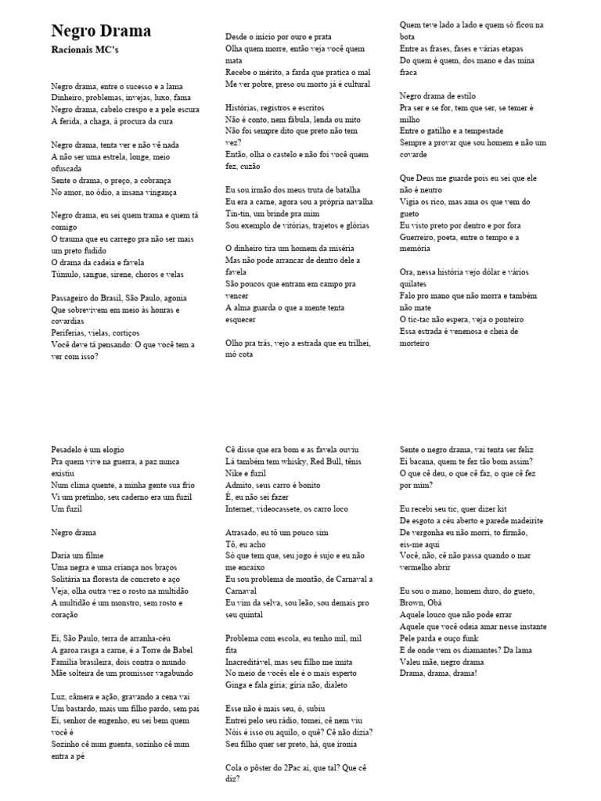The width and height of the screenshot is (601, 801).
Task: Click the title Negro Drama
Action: click(101, 31)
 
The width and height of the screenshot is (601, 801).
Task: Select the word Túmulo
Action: click(67, 274)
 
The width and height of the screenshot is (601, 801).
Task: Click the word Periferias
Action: click(72, 332)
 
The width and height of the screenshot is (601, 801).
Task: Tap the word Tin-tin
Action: click(239, 213)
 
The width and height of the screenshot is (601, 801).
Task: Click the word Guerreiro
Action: click(419, 237)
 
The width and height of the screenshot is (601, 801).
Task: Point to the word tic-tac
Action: click(425, 319)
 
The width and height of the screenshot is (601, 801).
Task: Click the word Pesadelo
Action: click(70, 450)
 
